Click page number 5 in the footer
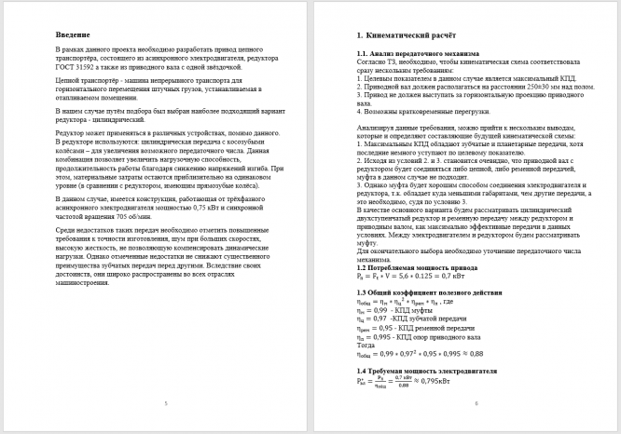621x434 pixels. point(164,402)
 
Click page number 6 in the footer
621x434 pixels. point(476,402)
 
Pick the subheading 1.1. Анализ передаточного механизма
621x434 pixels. point(410,54)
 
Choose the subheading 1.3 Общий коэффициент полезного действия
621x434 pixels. point(424,293)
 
